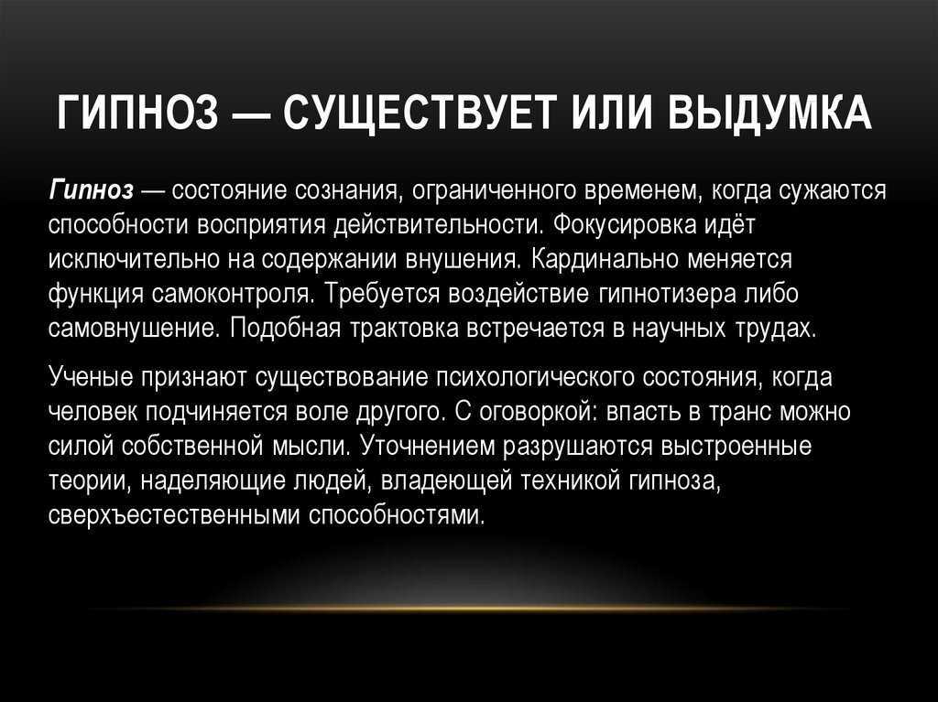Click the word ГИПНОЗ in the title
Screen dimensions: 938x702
138,112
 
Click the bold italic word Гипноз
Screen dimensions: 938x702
92,191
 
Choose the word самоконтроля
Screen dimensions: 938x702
232,295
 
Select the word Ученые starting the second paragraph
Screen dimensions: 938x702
91,378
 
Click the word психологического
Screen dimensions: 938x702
535,378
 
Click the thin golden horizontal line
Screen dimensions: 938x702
469,609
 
